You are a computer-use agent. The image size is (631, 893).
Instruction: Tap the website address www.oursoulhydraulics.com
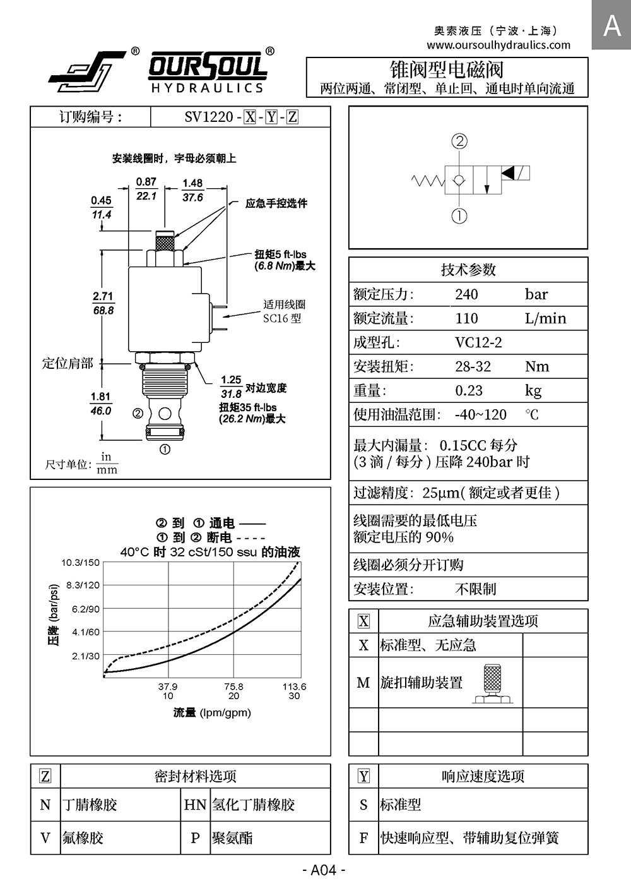pyautogui.click(x=498, y=45)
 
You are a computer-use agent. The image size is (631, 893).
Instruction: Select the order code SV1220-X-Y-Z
pyautogui.click(x=240, y=117)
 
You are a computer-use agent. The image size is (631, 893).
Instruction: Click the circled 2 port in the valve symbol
pyautogui.click(x=459, y=141)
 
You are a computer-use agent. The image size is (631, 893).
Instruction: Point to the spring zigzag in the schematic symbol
pyautogui.click(x=428, y=181)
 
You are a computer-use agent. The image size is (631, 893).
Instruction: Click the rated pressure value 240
pyautogui.click(x=466, y=294)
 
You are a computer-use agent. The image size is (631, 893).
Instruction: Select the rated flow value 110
pyautogui.click(x=466, y=318)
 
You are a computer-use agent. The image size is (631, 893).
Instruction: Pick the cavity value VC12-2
pyautogui.click(x=478, y=342)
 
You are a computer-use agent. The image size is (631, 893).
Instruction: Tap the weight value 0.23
pyautogui.click(x=468, y=390)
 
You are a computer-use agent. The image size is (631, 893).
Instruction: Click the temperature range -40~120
pyautogui.click(x=480, y=415)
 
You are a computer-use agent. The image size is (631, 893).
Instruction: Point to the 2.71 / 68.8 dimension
pyautogui.click(x=103, y=303)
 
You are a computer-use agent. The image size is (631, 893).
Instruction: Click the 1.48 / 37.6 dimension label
pyautogui.click(x=192, y=190)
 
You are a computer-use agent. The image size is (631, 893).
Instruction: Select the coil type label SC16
pyautogui.click(x=282, y=318)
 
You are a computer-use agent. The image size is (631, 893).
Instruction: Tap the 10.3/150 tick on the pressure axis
pyautogui.click(x=80, y=563)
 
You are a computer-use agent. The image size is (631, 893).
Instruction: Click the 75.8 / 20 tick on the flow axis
pyautogui.click(x=233, y=691)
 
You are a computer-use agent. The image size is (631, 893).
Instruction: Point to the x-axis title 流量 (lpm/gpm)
pyautogui.click(x=212, y=713)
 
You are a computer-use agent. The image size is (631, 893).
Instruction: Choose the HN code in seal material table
pyautogui.click(x=195, y=805)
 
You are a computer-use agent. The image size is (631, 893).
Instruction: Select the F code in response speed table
pyautogui.click(x=363, y=838)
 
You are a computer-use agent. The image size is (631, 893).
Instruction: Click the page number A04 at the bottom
pyautogui.click(x=324, y=870)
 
